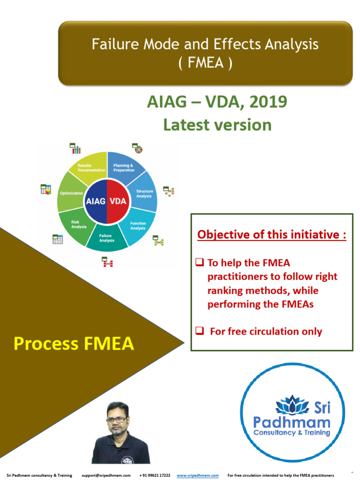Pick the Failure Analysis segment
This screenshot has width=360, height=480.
coord(107,238)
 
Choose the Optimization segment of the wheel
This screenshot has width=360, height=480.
coord(71,193)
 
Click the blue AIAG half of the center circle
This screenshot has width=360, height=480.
coord(96,202)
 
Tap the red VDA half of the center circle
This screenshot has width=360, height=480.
coord(118,202)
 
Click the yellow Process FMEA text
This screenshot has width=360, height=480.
coord(74,344)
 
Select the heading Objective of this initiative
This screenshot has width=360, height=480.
coord(271,234)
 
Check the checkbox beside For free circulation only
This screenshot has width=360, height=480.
coord(199,331)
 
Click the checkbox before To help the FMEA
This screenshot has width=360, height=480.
coord(199,263)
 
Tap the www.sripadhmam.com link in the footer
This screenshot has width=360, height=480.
coord(197,475)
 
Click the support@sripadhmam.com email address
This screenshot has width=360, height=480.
coord(105,475)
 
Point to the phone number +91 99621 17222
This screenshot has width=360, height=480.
coord(155,475)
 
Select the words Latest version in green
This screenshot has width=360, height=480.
coord(217,125)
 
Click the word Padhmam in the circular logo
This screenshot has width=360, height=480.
coord(292,421)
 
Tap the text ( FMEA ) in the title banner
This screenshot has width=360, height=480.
coord(205,62)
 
